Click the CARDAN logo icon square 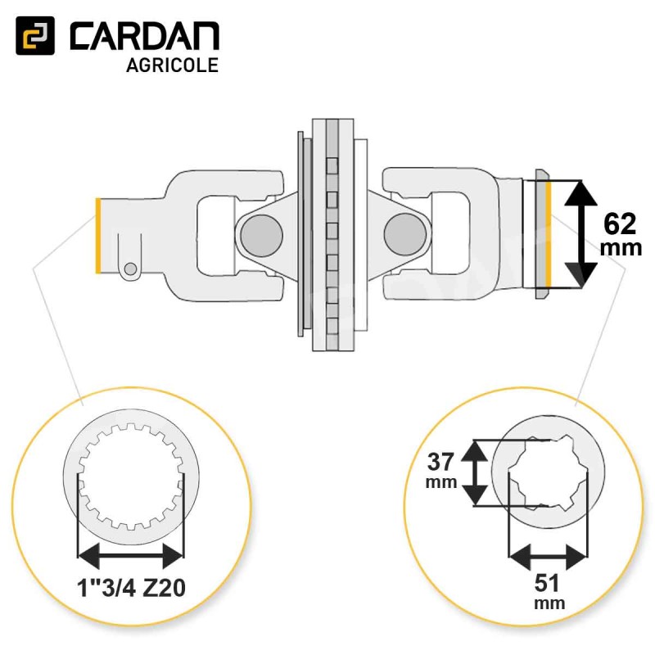pyautogui.click(x=35, y=35)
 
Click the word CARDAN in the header pyautogui.click(x=144, y=36)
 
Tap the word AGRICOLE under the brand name pyautogui.click(x=172, y=65)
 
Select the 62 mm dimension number pyautogui.click(x=620, y=224)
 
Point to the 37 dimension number pyautogui.click(x=440, y=462)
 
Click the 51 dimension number pyautogui.click(x=547, y=583)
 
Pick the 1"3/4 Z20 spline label pyautogui.click(x=131, y=589)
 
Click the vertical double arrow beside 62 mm pyautogui.click(x=580, y=234)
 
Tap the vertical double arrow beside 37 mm pyautogui.click(x=474, y=473)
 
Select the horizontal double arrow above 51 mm pyautogui.click(x=548, y=556)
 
